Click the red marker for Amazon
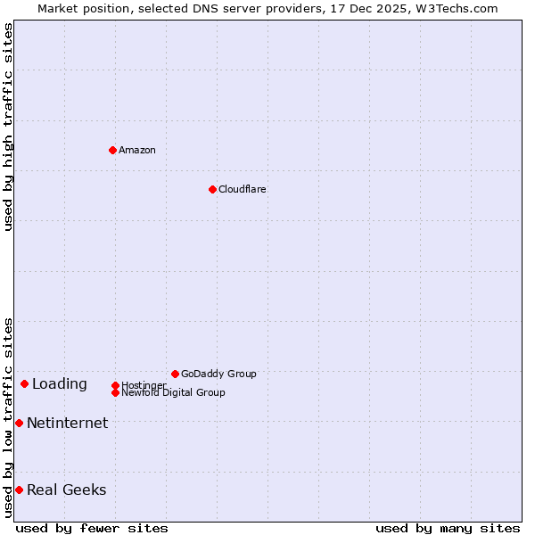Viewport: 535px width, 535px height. [112, 150]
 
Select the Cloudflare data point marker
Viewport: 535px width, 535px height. [212, 189]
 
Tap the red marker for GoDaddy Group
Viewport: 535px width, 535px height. [175, 374]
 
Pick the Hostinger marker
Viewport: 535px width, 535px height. [115, 385]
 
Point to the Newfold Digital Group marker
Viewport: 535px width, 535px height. [115, 392]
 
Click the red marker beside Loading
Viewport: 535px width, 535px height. [24, 383]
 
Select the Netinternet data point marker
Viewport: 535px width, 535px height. [19, 423]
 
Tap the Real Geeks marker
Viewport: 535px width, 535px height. [19, 490]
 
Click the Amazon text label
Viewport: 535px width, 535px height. [137, 150]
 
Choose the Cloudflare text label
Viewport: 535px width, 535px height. [243, 189]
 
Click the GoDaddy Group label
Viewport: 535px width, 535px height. [218, 374]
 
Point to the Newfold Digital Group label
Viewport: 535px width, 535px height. [174, 392]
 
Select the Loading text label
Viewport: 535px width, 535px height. [60, 384]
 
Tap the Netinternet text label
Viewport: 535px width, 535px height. [68, 424]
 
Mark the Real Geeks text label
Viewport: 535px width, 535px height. [67, 490]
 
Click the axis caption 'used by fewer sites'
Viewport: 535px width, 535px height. [92, 528]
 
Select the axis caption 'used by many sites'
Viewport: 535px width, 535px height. [448, 528]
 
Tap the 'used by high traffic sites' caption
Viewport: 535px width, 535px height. [8, 128]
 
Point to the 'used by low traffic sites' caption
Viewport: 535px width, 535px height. [8, 417]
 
